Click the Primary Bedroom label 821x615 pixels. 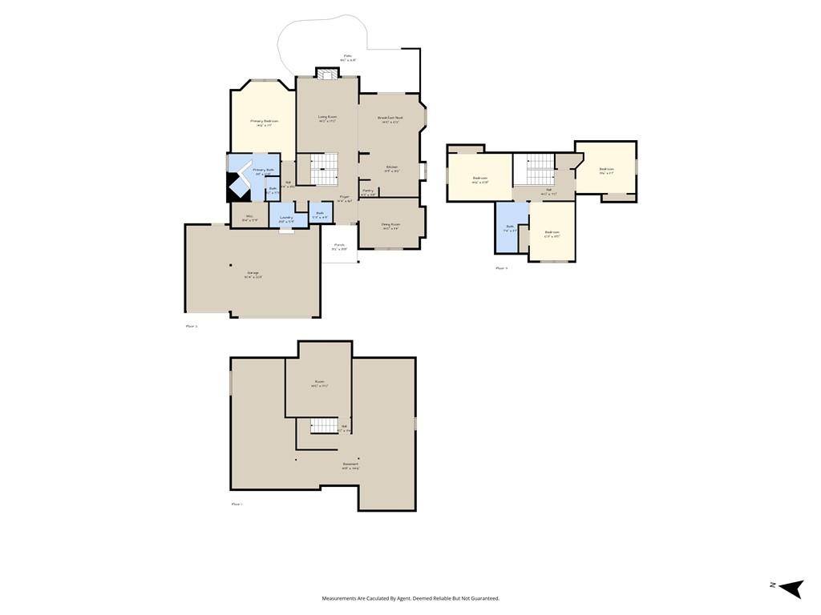264,123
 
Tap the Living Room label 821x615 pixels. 327,119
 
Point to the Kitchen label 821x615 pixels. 391,168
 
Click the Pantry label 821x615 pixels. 368,191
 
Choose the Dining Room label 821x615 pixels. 390,226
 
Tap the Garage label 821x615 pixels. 253,275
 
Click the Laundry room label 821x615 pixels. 286,218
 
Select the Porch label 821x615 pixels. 339,247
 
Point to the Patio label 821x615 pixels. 348,57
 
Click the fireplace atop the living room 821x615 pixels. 327,74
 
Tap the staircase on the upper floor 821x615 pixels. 540,169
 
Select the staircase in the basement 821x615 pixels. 324,425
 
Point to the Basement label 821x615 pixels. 350,465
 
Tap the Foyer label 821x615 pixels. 344,198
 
